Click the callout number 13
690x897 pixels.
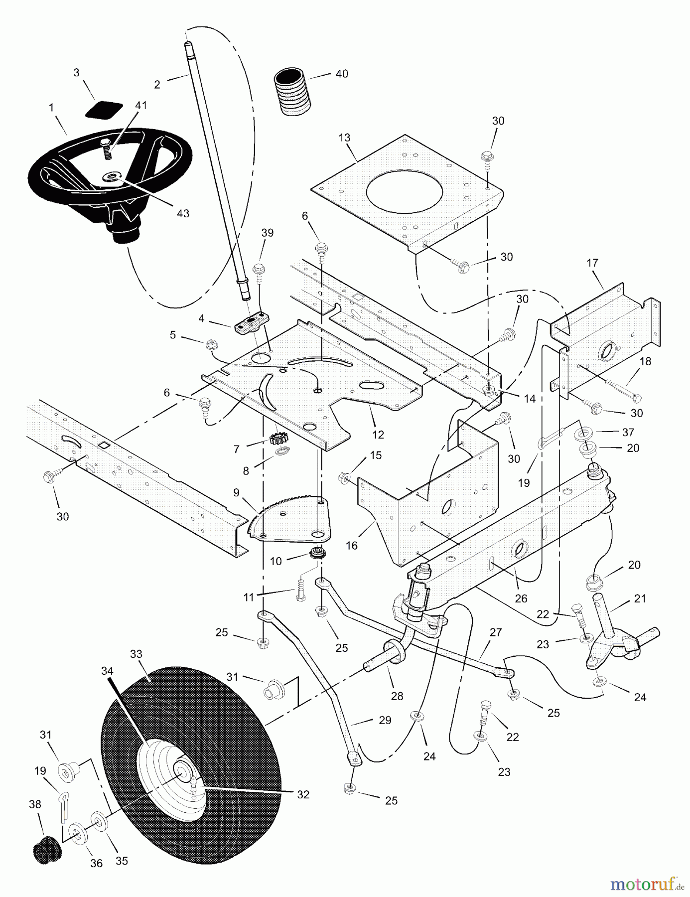coord(345,138)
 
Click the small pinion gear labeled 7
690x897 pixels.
coord(276,439)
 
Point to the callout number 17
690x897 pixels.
coord(592,263)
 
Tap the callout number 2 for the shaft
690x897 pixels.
coord(157,84)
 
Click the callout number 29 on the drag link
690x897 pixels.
coord(385,720)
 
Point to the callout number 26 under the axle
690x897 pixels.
coord(521,598)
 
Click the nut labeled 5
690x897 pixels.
coord(210,343)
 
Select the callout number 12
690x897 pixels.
coord(378,435)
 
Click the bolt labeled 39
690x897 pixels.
coord(259,272)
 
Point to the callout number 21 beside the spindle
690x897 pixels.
coord(640,598)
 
